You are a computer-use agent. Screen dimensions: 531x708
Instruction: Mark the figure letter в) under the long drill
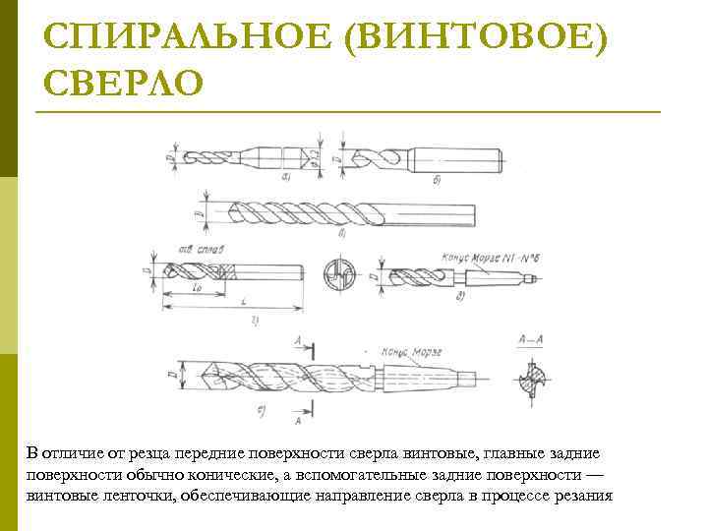tap(340, 236)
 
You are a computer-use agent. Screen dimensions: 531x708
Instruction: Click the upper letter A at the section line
tap(298, 339)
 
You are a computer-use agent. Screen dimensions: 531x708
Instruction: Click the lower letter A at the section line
tap(298, 420)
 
